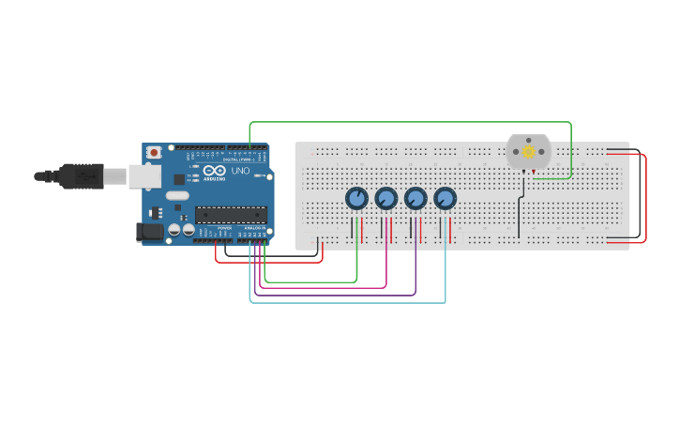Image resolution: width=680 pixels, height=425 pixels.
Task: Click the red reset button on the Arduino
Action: coord(154,152)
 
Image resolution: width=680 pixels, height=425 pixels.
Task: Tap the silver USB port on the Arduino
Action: coord(144,175)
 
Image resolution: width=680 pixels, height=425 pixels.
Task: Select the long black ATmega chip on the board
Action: coord(231,215)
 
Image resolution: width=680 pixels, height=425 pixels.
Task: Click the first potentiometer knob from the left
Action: coord(356,199)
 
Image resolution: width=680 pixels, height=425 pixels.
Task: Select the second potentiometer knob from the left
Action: coord(385,199)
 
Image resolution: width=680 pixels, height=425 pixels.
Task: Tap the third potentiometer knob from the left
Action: coord(416,199)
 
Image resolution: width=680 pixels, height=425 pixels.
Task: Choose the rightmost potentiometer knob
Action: coord(445,199)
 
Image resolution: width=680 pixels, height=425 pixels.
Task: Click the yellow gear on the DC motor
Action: coord(529,151)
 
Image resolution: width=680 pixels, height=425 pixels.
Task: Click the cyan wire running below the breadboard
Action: coord(347,302)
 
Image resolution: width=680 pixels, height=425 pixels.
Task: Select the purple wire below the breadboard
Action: coord(338,295)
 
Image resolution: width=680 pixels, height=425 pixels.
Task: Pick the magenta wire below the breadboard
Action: coord(324,287)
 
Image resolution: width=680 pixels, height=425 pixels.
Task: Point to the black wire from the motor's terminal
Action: coord(519,216)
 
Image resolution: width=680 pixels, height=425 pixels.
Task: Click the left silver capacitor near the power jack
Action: coord(174,230)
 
